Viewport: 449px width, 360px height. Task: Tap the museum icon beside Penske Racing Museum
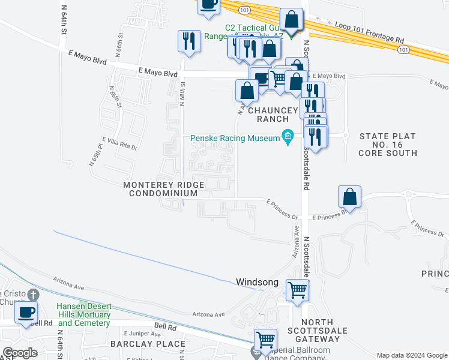[x=288, y=139]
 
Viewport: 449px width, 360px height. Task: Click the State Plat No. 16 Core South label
[x=388, y=145]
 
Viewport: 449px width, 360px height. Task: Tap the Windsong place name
[x=258, y=281]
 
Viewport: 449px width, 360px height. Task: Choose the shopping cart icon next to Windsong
[x=297, y=291]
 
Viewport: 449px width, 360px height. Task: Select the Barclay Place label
[x=148, y=344]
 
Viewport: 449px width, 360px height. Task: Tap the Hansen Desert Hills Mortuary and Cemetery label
[x=83, y=314]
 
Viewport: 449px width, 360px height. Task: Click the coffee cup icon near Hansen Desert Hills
[x=26, y=313]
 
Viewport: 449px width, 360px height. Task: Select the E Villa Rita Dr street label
[x=120, y=143]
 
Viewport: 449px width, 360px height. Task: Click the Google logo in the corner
[x=20, y=353]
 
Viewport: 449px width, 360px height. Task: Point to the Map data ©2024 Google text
[x=411, y=355]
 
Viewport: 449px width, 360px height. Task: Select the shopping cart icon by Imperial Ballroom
[x=265, y=340]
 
